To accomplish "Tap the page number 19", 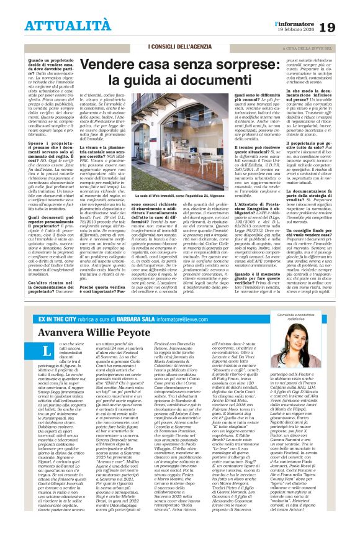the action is click(x=344, y=27).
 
